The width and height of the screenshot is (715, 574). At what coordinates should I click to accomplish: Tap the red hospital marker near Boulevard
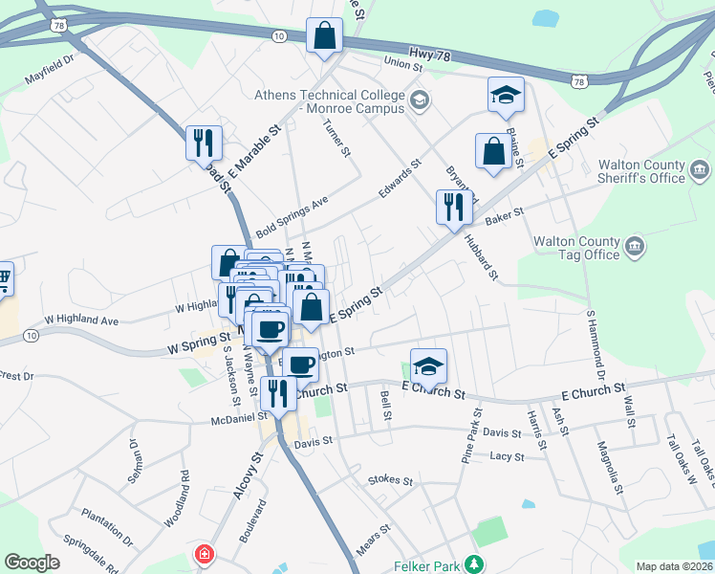(x=203, y=554)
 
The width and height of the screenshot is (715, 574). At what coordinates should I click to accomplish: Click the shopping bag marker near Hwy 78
(x=324, y=36)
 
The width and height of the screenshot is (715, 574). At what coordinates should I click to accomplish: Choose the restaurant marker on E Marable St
(x=204, y=143)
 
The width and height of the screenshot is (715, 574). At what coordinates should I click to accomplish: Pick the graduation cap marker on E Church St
(x=429, y=365)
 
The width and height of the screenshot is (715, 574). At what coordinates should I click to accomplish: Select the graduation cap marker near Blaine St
(x=506, y=95)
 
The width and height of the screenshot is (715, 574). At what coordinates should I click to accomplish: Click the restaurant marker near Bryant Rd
(x=454, y=206)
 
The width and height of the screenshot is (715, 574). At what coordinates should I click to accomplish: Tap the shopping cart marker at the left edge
(x=3, y=278)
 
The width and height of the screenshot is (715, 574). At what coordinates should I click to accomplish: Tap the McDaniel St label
(x=239, y=418)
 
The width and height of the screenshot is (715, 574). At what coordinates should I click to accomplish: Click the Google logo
(x=32, y=563)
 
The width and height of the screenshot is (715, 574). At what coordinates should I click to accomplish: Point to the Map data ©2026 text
(x=674, y=566)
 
